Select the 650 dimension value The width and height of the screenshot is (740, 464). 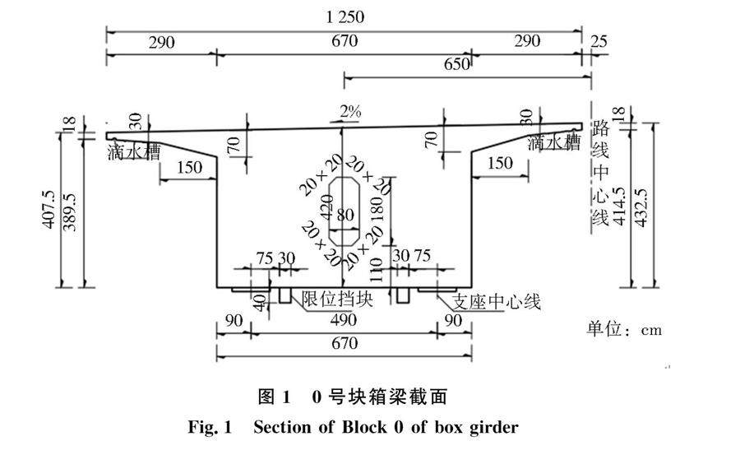point(456,64)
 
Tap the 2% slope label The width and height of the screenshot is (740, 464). point(350,112)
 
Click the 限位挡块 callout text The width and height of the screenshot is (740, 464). point(338,300)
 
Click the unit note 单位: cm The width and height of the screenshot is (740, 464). point(624,330)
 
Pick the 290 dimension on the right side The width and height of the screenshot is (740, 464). point(527,41)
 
